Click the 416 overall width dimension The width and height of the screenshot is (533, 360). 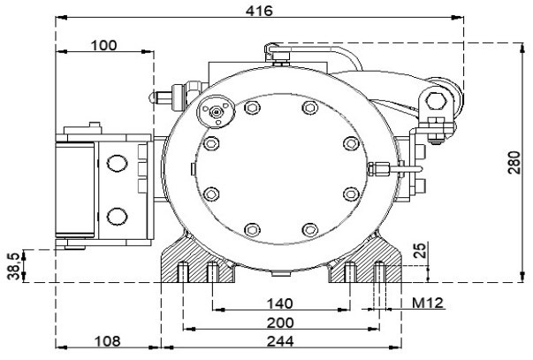pos(259,11)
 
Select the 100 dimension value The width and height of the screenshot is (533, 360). pos(104,45)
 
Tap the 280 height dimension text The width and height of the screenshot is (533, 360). pos(514,163)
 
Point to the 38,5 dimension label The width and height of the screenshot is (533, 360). pos(14,265)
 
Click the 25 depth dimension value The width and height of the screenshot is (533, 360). pos(420,250)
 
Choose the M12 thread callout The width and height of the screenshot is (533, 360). pos(428,303)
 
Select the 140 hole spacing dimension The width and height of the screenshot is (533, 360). pos(279,303)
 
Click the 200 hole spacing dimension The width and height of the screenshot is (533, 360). pos(280,323)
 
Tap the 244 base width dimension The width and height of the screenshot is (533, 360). pos(280,341)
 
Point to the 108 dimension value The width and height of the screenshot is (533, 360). pos(108,341)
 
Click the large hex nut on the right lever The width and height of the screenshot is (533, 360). pos(436,101)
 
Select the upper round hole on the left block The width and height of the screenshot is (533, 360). pos(118,163)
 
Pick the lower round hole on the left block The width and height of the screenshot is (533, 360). pos(118,217)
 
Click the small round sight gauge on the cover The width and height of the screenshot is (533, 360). pos(216,111)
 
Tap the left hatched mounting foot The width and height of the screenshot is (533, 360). pos(197,260)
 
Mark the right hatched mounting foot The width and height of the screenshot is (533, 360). pos(365,260)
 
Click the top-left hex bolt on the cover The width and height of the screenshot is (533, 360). pos(252,108)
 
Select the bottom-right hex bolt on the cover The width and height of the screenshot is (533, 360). pos(310,230)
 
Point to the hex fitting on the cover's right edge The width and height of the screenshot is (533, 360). pos(377,169)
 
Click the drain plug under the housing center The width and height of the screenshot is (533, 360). pos(282,272)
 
